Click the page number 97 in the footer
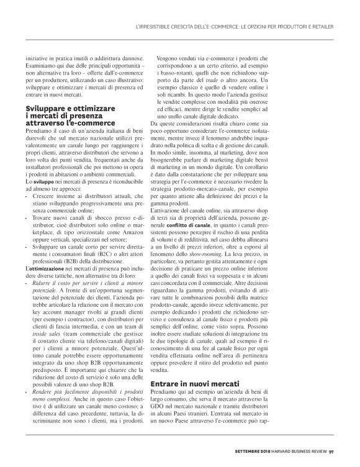point(332,451)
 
